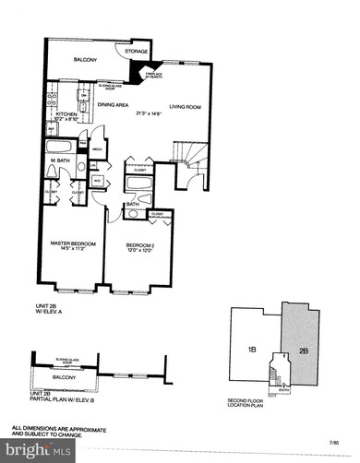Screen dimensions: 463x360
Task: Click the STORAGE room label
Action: (x=138, y=52)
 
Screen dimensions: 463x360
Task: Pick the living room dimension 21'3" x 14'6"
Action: (x=152, y=113)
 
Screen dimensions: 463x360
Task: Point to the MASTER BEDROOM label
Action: (x=71, y=244)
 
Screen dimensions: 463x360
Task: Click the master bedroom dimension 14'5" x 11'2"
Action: (x=71, y=251)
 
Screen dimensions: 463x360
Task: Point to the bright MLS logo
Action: (x=41, y=450)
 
